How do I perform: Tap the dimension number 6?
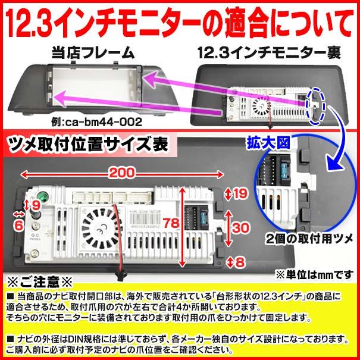click(18, 226)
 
